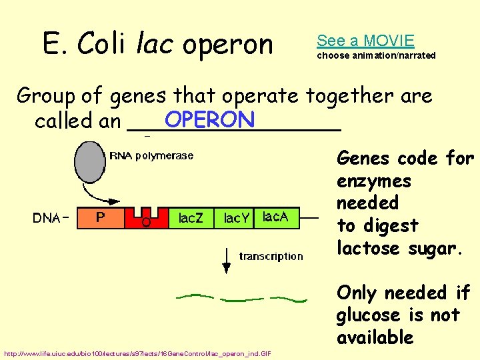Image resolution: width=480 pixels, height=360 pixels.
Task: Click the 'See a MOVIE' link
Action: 365,41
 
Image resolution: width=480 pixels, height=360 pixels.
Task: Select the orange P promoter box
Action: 100,217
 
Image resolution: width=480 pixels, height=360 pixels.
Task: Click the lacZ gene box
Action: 191,218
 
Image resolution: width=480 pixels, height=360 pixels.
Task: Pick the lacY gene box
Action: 236,218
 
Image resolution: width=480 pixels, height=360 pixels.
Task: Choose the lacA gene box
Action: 277,217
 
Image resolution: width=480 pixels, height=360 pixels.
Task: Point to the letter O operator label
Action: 145,223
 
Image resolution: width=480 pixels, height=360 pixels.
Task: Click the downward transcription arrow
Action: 227,260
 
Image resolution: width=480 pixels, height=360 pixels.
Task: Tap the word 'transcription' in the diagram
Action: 271,256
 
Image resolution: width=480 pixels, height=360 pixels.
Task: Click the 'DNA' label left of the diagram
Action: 49,218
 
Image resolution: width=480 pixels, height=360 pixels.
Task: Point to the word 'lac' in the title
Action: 155,45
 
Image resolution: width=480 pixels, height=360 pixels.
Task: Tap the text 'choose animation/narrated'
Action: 376,55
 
